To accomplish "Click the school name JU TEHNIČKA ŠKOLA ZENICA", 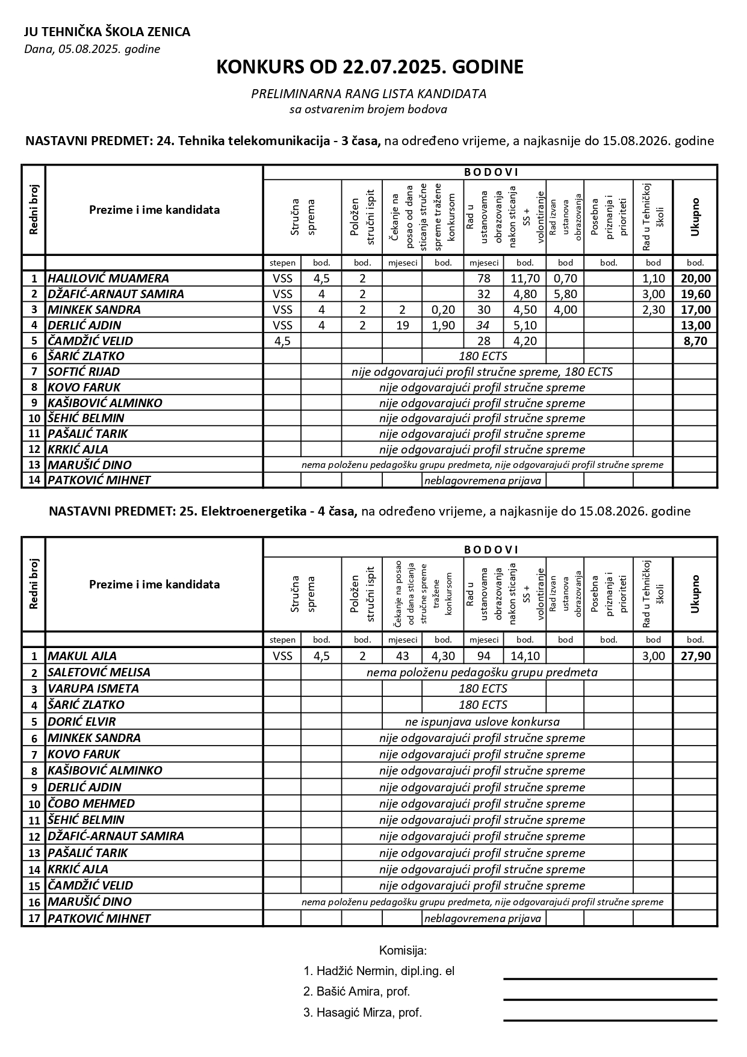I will coord(107,32).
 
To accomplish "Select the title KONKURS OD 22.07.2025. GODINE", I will coord(370,67).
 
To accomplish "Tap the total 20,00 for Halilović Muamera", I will coord(695,278).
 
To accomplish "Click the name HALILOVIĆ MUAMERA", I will coord(108,278).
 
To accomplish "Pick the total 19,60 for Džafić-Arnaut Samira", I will coord(695,294).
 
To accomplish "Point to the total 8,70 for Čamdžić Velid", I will coord(695,341).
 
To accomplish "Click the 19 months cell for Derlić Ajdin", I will coord(402,325).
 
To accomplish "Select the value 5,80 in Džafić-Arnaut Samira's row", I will coord(565,294).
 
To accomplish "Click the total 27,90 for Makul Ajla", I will coord(695,656).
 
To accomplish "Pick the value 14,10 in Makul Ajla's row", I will coord(525,656).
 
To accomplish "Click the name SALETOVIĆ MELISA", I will coord(99,672).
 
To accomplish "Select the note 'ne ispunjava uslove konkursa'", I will coord(482,722).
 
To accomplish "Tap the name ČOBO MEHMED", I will coord(91,803).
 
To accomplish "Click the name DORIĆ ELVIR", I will coord(81,722).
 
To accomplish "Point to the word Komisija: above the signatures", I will coord(403,950).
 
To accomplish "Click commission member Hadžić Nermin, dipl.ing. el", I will coord(379,971).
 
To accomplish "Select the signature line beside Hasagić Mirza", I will coord(610,1020).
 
